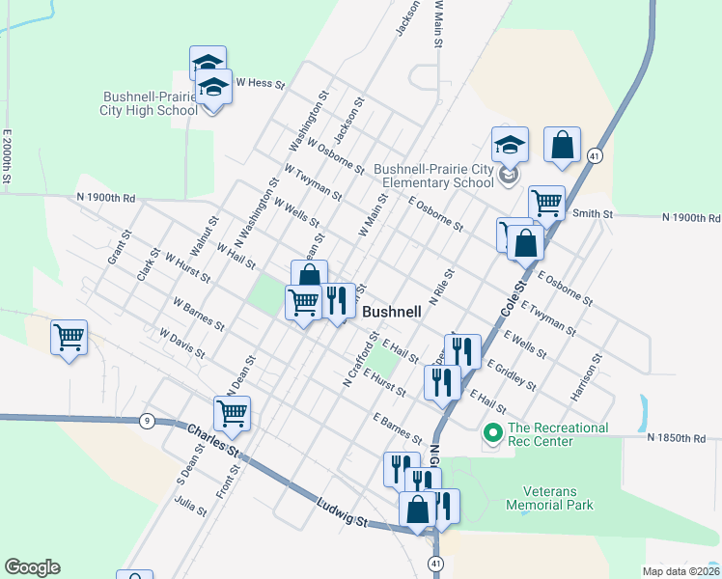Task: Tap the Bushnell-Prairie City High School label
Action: click(x=150, y=103)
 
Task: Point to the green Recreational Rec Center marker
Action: click(x=492, y=434)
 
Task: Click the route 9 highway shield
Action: click(x=147, y=420)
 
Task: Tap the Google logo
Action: click(x=32, y=567)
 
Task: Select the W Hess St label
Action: click(x=261, y=84)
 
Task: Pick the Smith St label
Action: click(x=593, y=213)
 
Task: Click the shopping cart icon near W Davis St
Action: click(x=69, y=337)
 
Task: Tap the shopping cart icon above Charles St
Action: click(x=232, y=414)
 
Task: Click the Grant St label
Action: click(x=118, y=249)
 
